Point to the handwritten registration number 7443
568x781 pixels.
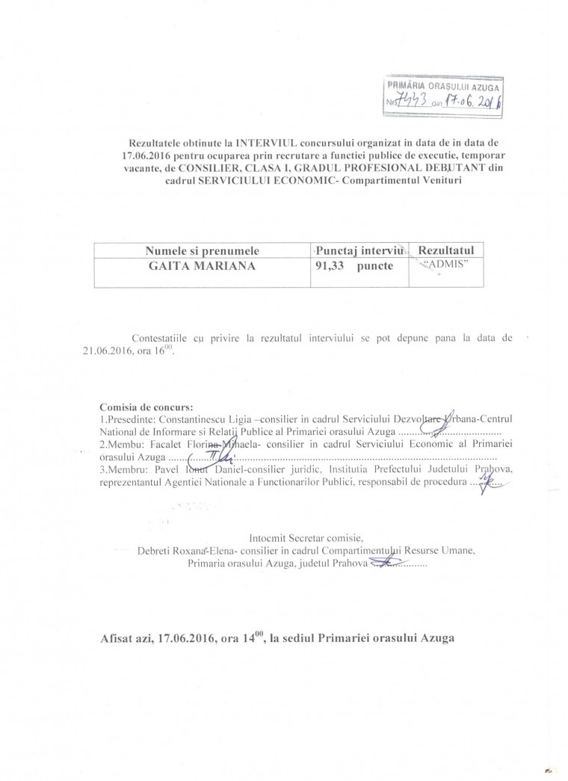[410, 102]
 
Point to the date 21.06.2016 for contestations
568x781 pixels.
[113, 350]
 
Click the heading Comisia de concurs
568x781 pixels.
[146, 407]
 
